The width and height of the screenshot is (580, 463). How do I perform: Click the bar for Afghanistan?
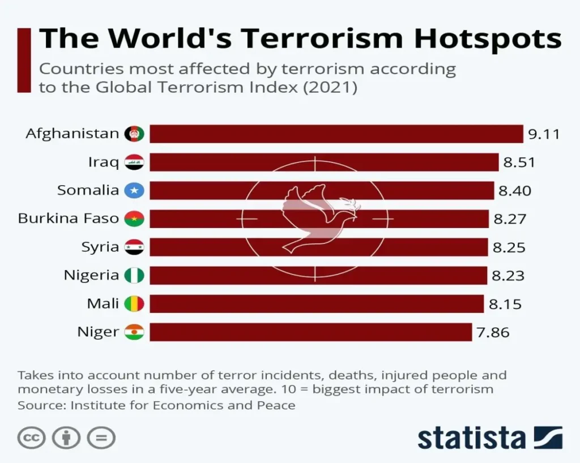tap(336, 134)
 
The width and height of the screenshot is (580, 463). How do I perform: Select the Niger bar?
tap(310, 332)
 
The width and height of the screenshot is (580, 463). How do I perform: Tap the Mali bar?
tap(317, 304)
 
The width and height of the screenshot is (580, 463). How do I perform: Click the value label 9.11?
tap(544, 134)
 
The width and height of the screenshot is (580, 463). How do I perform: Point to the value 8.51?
tap(519, 162)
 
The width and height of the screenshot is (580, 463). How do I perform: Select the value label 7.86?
tap(493, 332)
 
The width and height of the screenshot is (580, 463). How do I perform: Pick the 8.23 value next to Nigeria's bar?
tap(507, 276)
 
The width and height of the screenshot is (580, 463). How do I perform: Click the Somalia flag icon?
tap(134, 191)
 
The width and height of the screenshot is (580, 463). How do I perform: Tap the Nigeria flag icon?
tap(134, 276)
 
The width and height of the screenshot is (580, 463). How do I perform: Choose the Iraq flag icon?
tap(134, 162)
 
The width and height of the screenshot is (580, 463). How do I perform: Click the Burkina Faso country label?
tap(68, 218)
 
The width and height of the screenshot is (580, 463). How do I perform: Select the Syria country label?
tap(100, 247)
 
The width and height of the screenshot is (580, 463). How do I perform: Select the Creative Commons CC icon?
tap(31, 438)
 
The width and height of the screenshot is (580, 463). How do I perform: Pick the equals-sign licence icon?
tap(101, 438)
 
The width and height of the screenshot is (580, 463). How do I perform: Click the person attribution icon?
tap(66, 438)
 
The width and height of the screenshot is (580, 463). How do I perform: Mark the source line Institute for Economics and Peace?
tap(156, 405)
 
